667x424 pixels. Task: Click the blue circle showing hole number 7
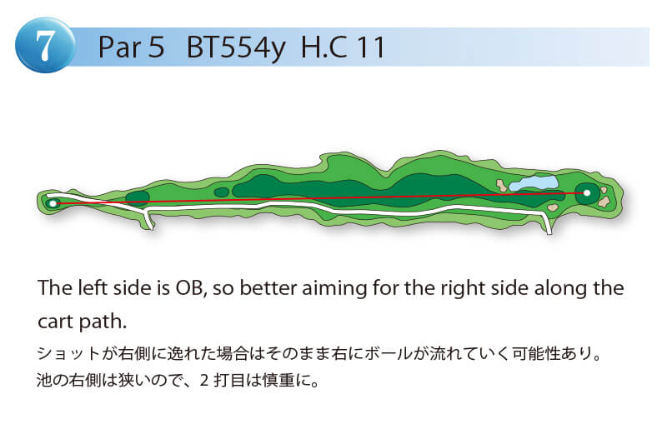[45, 45]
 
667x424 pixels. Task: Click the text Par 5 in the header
[131, 47]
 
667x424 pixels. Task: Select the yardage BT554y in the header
[236, 47]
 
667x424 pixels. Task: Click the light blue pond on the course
[534, 183]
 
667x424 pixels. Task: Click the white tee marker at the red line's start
[53, 203]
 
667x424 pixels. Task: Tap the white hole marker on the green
[587, 193]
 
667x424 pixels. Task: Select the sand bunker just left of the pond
[502, 185]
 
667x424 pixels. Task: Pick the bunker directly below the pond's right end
[553, 207]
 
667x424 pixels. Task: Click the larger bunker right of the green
[604, 202]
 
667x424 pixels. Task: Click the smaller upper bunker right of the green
[604, 190]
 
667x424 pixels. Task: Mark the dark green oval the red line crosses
[138, 198]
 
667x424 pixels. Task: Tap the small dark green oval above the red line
[221, 192]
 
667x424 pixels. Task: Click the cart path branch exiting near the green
[547, 222]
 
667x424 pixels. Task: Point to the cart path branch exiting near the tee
[148, 218]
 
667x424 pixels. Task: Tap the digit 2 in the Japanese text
[204, 380]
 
